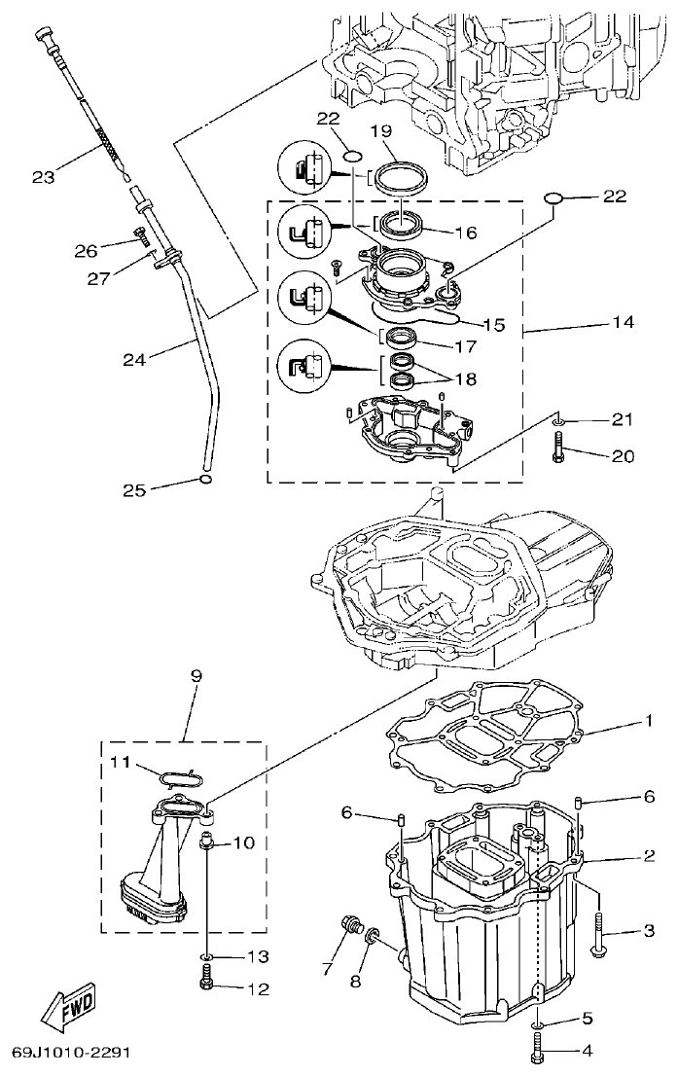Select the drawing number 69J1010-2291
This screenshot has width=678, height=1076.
[x=71, y=1054]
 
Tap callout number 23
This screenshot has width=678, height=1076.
[x=44, y=177]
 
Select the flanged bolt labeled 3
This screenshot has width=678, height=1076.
[x=600, y=933]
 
